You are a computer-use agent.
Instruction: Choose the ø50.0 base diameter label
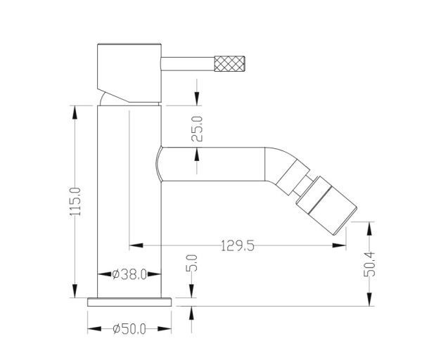[x=129, y=328]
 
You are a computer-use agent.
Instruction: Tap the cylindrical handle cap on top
[x=129, y=69]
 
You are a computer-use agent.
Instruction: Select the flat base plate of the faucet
[x=129, y=302]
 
